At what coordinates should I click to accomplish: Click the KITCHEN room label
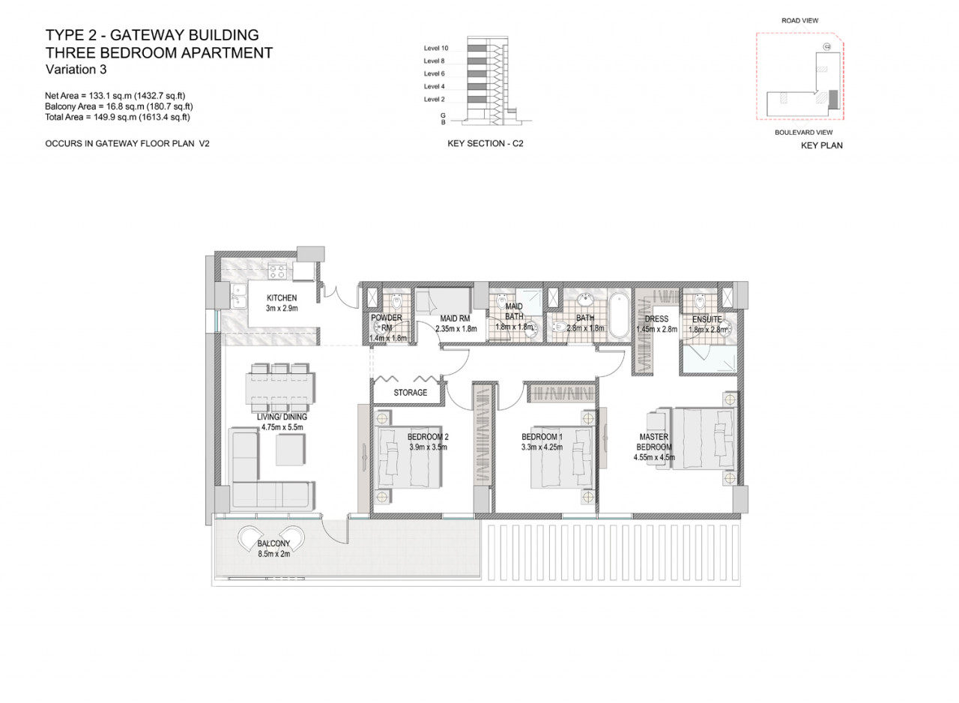pyautogui.click(x=281, y=298)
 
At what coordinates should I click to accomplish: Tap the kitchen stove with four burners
pyautogui.click(x=277, y=271)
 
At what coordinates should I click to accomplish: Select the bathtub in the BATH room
pyautogui.click(x=619, y=315)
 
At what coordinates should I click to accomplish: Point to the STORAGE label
pyautogui.click(x=410, y=393)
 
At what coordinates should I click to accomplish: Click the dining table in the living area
pyautogui.click(x=280, y=388)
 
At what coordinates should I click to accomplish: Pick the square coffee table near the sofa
pyautogui.click(x=291, y=450)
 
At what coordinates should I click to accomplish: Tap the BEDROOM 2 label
pyautogui.click(x=428, y=437)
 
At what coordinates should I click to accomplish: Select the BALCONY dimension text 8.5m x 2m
pyautogui.click(x=274, y=554)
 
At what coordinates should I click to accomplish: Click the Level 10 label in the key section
pyautogui.click(x=436, y=49)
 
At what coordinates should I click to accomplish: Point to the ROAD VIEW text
pyautogui.click(x=799, y=20)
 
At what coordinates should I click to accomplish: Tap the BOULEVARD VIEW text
pyautogui.click(x=804, y=133)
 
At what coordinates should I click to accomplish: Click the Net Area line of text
pyautogui.click(x=115, y=96)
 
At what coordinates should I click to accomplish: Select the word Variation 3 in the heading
pyautogui.click(x=76, y=70)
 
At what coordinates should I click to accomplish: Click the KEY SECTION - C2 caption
pyautogui.click(x=485, y=143)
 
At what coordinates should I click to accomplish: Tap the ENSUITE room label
pyautogui.click(x=707, y=319)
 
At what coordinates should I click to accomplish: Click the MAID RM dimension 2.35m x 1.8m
pyautogui.click(x=456, y=329)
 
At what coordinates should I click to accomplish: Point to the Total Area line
pyautogui.click(x=118, y=118)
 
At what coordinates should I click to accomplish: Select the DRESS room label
pyautogui.click(x=656, y=319)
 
